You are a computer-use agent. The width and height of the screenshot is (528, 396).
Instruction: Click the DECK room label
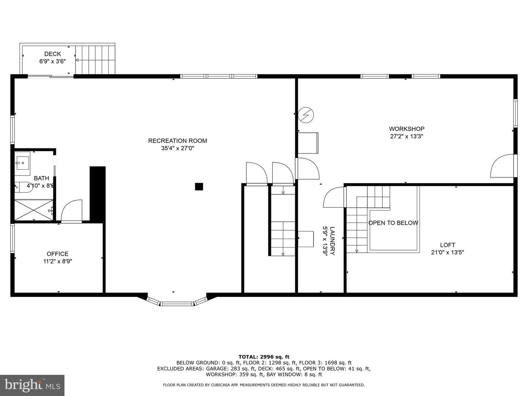tap(52, 54)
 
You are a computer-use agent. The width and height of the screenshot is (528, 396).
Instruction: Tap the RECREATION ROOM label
tap(177, 141)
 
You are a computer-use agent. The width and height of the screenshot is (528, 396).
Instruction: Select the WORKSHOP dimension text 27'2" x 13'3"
tap(407, 136)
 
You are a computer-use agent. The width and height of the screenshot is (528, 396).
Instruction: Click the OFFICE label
tap(57, 254)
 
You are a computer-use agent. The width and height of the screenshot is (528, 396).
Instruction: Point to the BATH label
tap(41, 178)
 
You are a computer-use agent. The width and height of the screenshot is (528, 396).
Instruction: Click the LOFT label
tap(447, 245)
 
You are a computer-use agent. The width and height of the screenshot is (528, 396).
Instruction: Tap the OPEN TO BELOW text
tap(393, 223)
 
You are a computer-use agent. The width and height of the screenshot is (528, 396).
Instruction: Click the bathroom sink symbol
tap(22, 162)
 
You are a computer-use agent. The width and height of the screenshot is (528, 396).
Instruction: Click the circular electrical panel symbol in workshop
tap(306, 115)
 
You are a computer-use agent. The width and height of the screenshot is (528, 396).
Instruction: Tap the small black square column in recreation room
tap(199, 187)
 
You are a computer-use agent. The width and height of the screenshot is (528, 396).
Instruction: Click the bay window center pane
tap(177, 303)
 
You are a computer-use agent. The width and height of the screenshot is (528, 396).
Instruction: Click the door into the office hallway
tap(72, 212)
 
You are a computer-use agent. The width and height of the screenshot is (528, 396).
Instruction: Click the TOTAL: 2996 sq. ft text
tap(264, 356)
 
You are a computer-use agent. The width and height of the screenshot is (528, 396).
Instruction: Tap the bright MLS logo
tap(32, 385)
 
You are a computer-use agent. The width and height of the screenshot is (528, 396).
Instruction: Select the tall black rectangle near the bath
tap(98, 194)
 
